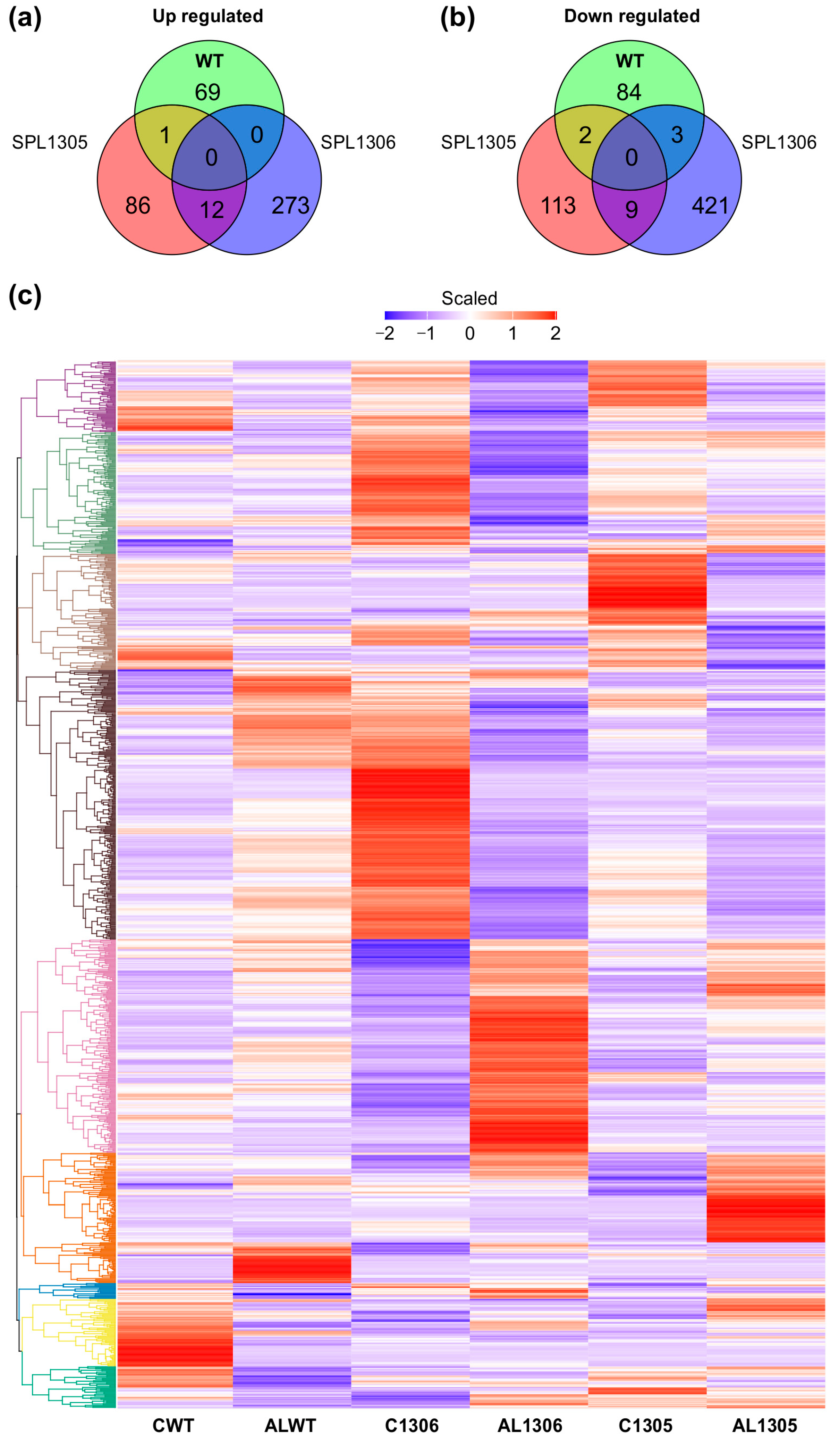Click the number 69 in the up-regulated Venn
[x=207, y=92]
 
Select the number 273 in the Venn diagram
[x=290, y=206]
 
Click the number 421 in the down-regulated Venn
[x=710, y=206]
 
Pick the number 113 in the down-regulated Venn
[x=558, y=206]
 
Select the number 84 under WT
[x=628, y=92]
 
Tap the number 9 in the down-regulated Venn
[x=631, y=210]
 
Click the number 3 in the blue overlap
[x=677, y=135]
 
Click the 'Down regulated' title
[x=632, y=16]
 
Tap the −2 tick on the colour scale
[x=385, y=334]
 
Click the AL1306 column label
[x=530, y=1425]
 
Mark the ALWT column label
[x=290, y=1425]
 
